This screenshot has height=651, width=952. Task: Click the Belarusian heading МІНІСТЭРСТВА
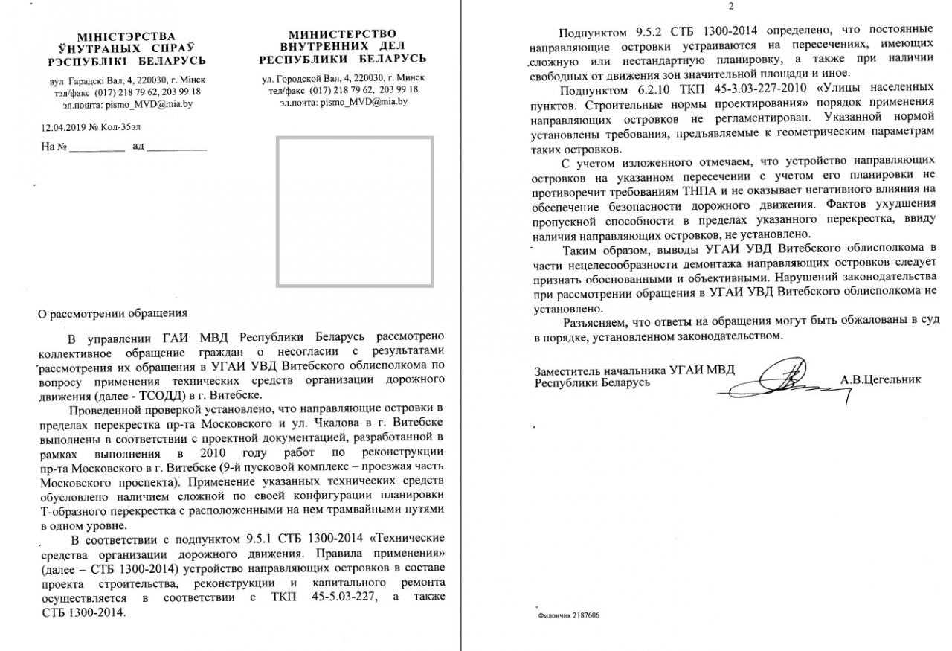pyautogui.click(x=126, y=36)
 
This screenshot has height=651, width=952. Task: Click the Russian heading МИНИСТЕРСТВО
pyautogui.click(x=342, y=33)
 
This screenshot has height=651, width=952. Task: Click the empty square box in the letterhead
pyautogui.click(x=355, y=211)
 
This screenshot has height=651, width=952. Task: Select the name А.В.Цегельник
pyautogui.click(x=881, y=379)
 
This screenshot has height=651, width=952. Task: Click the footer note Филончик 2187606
pyautogui.click(x=568, y=616)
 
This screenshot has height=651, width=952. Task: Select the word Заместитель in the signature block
pyautogui.click(x=570, y=371)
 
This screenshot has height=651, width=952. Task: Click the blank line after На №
pyautogui.click(x=97, y=147)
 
